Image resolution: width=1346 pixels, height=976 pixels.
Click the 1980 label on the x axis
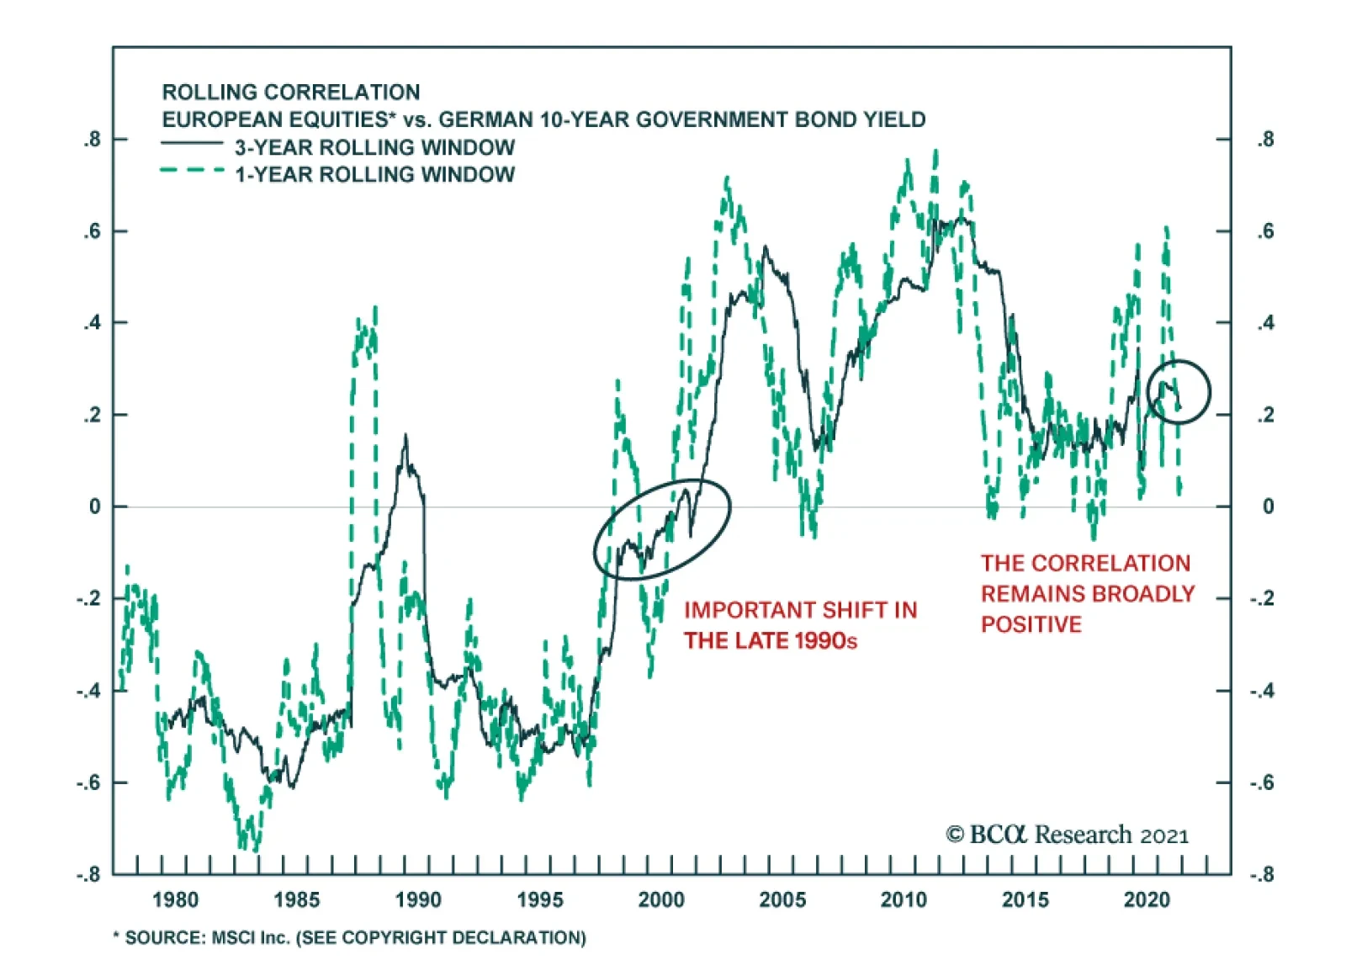pos(175,899)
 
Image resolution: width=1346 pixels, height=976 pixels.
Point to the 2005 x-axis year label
pos(782,899)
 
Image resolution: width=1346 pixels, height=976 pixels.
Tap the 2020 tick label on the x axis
pos(1147,899)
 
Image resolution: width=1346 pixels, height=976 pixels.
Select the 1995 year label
pos(539,899)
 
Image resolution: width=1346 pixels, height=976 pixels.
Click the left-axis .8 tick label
pos(92,140)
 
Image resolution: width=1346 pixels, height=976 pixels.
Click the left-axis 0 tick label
pos(94,507)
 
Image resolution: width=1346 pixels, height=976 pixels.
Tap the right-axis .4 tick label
pos(1265,323)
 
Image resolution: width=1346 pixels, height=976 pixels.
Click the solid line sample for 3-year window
pos(192,143)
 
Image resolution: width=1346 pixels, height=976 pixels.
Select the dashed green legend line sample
pos(192,171)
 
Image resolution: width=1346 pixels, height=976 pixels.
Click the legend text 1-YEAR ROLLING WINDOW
pos(374,174)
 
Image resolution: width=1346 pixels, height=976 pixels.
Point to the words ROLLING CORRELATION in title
pos(290,92)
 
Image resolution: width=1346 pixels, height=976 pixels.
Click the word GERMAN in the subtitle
pos(485,119)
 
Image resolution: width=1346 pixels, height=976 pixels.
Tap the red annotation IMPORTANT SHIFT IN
pos(800,610)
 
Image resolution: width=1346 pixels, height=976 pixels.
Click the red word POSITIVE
pos(1031,624)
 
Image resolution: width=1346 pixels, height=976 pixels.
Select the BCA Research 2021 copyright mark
pos(1067,835)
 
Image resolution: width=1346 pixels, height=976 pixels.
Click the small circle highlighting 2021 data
pos(1178,391)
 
